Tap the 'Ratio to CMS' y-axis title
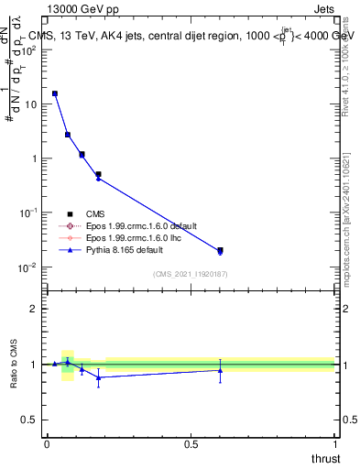pyautogui.click(x=15, y=365)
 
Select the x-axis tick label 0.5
pyautogui.click(x=191, y=444)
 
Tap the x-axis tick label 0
pyautogui.click(x=47, y=444)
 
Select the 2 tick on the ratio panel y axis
pyautogui.click(x=35, y=309)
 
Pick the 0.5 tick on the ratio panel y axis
pyautogui.click(x=30, y=420)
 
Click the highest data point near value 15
pyautogui.click(x=55, y=93)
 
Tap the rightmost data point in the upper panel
pyautogui.click(x=220, y=250)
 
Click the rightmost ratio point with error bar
pyautogui.click(x=220, y=370)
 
